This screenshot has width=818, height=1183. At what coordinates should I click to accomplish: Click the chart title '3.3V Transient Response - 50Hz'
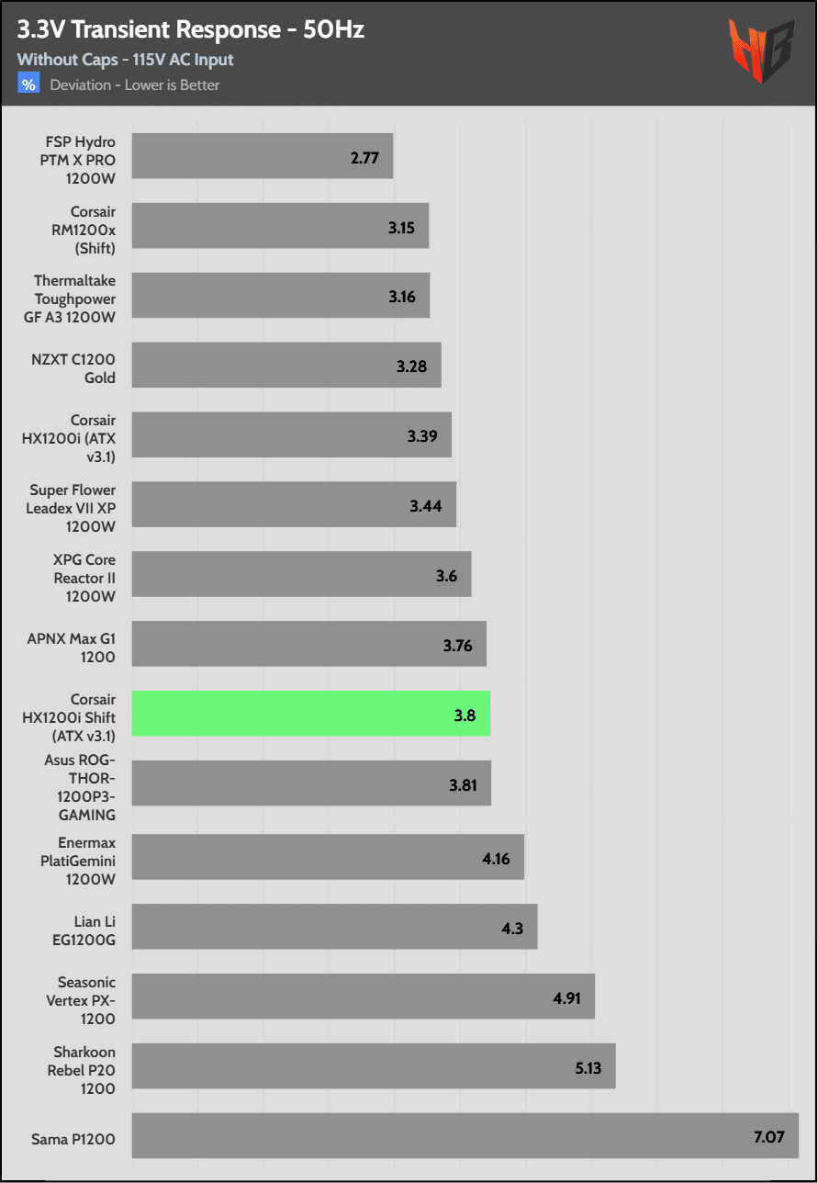pyautogui.click(x=191, y=30)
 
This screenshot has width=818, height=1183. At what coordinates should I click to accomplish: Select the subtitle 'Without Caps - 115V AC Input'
pyautogui.click(x=125, y=60)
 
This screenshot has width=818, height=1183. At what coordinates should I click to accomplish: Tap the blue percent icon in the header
pyautogui.click(x=28, y=84)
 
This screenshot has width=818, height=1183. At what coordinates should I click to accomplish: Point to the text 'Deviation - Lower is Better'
pyautogui.click(x=135, y=85)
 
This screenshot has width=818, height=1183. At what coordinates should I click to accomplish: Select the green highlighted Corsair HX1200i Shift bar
pyautogui.click(x=311, y=714)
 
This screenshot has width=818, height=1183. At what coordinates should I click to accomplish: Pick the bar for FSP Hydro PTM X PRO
pyautogui.click(x=263, y=156)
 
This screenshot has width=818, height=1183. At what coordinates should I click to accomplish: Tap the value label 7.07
pyautogui.click(x=769, y=1137)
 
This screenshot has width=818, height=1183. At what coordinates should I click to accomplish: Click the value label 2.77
pyautogui.click(x=364, y=157)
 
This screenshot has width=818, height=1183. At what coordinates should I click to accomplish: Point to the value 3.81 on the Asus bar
pyautogui.click(x=464, y=784)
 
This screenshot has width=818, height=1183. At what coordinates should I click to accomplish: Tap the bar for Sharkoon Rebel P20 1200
pyautogui.click(x=374, y=1065)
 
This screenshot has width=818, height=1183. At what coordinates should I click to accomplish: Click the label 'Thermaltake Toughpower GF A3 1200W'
pyautogui.click(x=75, y=296)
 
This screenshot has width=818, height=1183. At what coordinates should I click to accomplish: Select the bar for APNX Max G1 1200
pyautogui.click(x=309, y=644)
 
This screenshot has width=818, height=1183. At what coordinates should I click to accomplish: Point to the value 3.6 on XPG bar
pyautogui.click(x=446, y=575)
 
